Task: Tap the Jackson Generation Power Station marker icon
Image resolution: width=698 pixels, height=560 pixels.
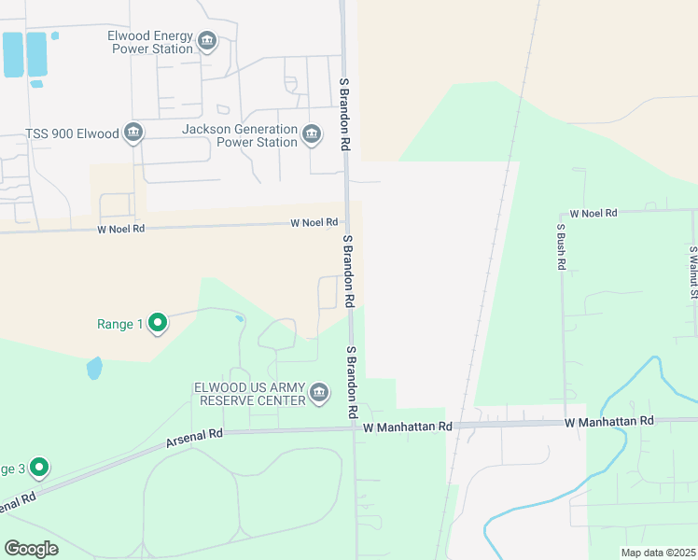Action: [x=312, y=135]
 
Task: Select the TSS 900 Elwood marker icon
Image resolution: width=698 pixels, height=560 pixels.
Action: [x=133, y=133]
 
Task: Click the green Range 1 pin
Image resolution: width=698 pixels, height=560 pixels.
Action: [x=158, y=323]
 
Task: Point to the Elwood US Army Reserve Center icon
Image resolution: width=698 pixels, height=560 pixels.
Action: [x=320, y=392]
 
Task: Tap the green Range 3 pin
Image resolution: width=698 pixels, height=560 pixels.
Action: [x=38, y=466]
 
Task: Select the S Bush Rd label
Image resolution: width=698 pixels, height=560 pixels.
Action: [x=562, y=246]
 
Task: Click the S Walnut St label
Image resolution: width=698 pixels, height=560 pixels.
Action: [x=693, y=267]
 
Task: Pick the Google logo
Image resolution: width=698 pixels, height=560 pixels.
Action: [x=31, y=549]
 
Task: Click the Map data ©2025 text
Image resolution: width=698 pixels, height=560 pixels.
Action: [x=657, y=553]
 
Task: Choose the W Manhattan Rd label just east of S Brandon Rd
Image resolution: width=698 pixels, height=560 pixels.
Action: [x=408, y=427]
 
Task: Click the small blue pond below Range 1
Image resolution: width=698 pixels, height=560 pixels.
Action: [x=94, y=368]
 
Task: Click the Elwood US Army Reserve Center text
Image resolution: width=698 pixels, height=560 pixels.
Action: [x=249, y=394]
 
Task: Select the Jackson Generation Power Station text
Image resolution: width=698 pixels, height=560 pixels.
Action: [x=240, y=135]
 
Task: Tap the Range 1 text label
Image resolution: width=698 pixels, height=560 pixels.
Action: [x=119, y=325]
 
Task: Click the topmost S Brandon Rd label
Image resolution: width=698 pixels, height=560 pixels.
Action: [x=344, y=114]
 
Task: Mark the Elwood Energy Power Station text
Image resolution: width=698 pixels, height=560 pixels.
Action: [x=150, y=41]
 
